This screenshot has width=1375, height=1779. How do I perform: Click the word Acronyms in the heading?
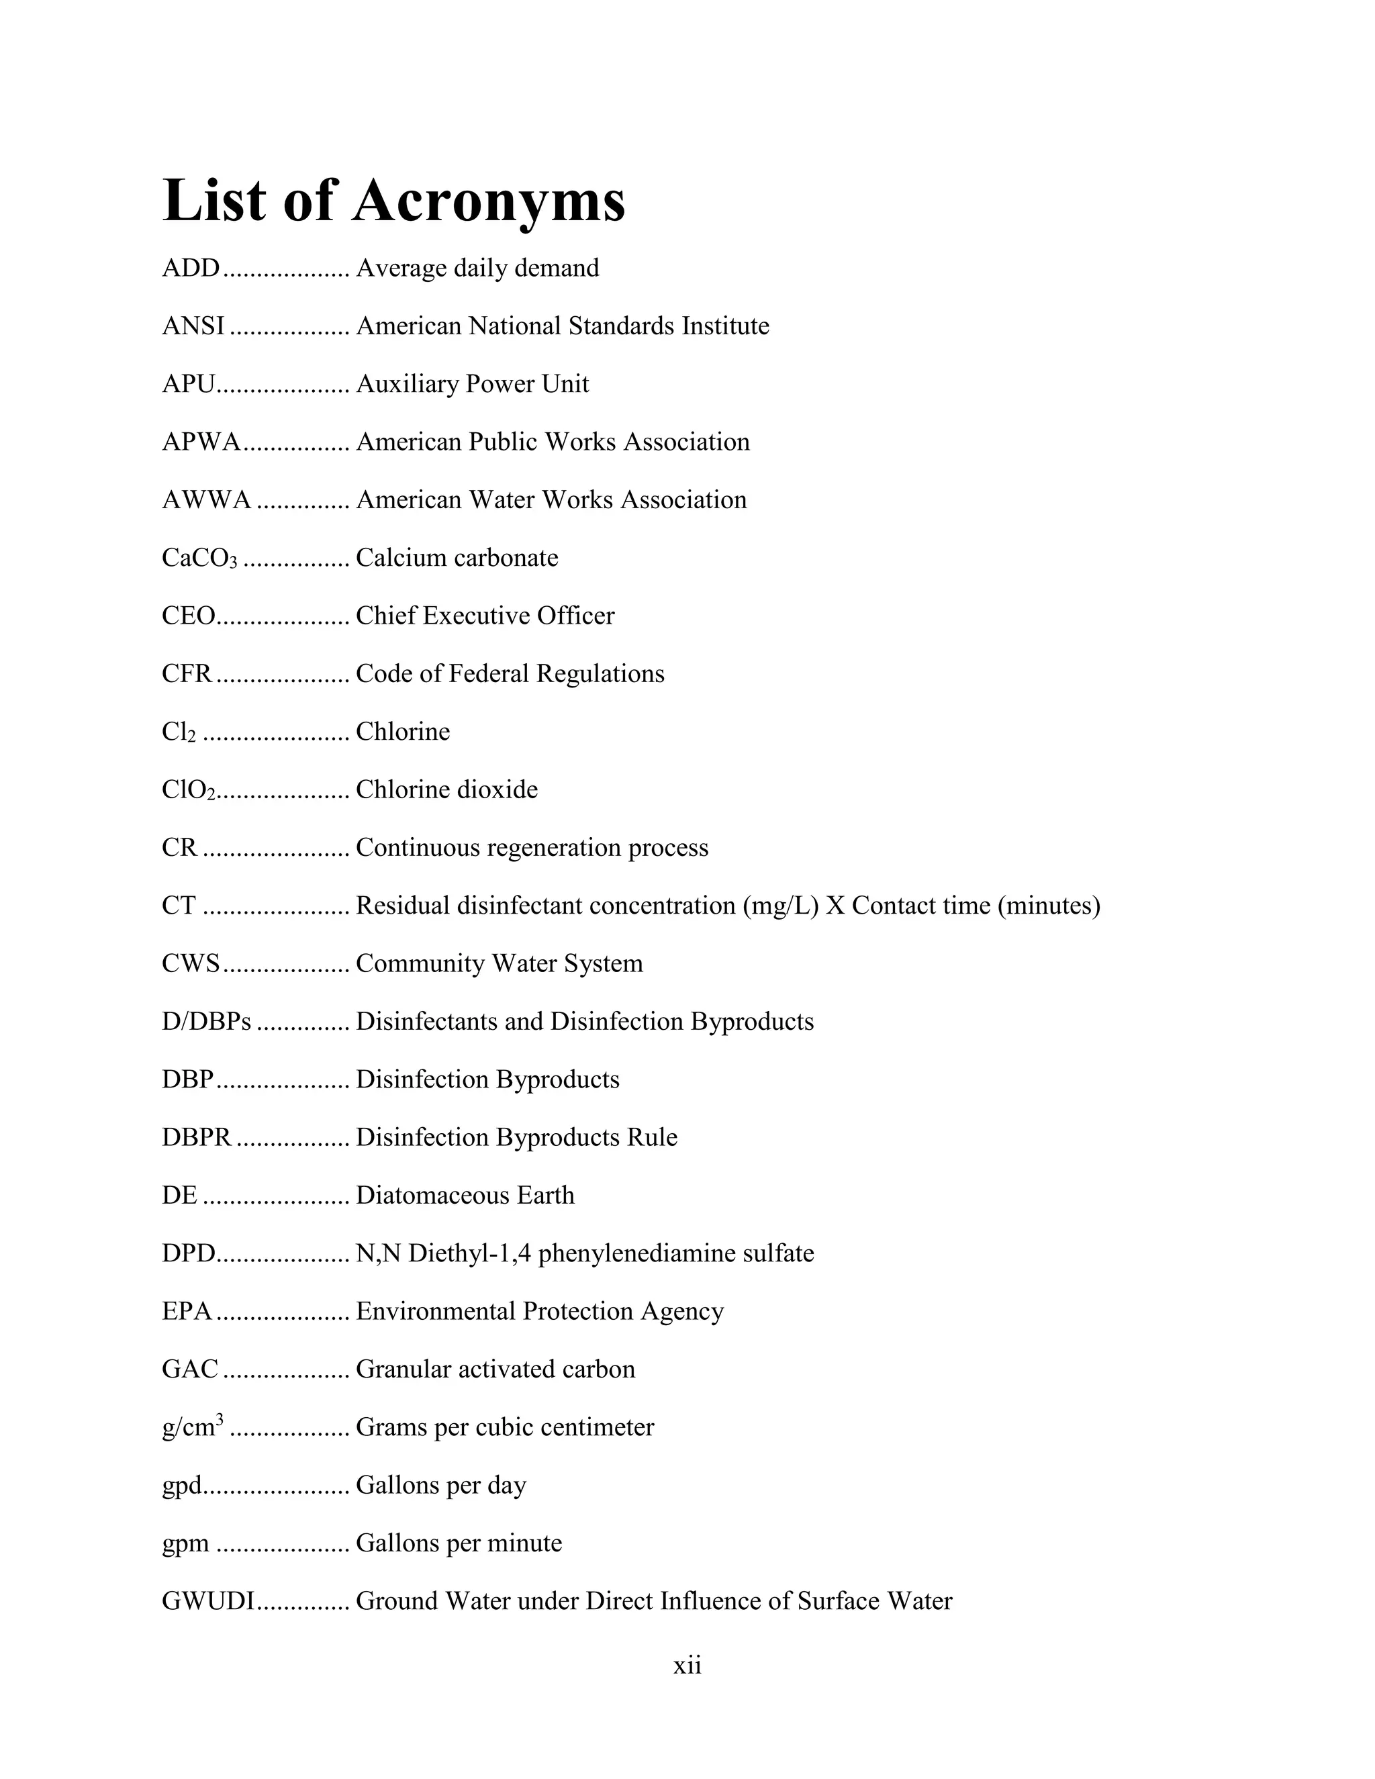(488, 201)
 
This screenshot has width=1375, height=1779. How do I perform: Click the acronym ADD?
(191, 268)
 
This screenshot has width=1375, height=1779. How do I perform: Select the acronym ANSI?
(193, 326)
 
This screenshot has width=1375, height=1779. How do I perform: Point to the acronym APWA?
(201, 442)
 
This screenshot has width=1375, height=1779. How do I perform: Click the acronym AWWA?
(206, 499)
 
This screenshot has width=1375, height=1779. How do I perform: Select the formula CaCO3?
(199, 558)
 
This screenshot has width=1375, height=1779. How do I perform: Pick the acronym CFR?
(187, 673)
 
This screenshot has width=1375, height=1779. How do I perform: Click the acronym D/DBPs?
(206, 1022)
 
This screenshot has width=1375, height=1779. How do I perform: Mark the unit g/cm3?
(192, 1427)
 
